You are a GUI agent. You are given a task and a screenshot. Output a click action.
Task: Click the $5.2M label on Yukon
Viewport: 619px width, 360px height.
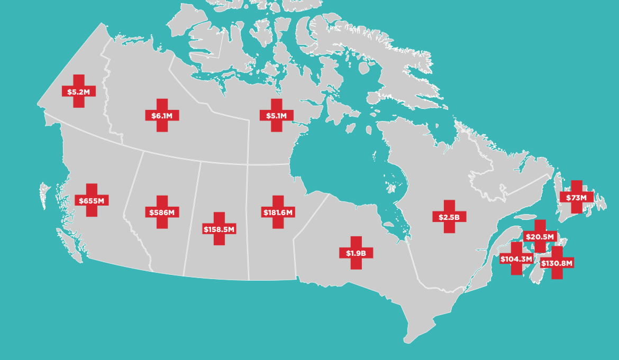(x=79, y=91)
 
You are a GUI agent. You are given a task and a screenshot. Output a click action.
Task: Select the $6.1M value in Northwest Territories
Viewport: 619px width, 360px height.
(x=162, y=115)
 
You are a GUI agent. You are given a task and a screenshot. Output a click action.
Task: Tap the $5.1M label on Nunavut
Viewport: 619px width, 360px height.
(x=276, y=115)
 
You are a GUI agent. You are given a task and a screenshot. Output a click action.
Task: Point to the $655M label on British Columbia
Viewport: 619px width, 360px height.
(x=92, y=200)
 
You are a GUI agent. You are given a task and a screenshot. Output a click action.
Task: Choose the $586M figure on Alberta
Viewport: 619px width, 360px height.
(x=162, y=213)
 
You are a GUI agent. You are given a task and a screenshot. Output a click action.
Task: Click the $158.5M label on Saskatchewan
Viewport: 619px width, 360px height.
(x=219, y=229)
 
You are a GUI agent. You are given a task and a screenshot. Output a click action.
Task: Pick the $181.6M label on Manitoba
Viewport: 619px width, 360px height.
(x=278, y=213)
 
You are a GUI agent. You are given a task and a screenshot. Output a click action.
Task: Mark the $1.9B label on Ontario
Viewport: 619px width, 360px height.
(x=356, y=253)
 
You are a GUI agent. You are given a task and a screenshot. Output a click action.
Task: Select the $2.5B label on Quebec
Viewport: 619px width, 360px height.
(x=449, y=217)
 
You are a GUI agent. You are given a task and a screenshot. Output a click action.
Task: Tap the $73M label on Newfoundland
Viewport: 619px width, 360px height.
(x=576, y=198)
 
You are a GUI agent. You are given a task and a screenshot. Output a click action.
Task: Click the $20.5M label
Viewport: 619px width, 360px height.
(x=540, y=236)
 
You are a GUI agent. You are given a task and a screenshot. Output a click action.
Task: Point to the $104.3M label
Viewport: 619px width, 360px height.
(x=516, y=259)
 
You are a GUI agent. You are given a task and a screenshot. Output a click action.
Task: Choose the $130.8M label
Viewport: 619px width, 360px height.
(x=557, y=263)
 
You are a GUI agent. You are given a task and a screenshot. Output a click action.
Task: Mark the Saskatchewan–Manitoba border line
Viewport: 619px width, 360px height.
(x=248, y=222)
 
